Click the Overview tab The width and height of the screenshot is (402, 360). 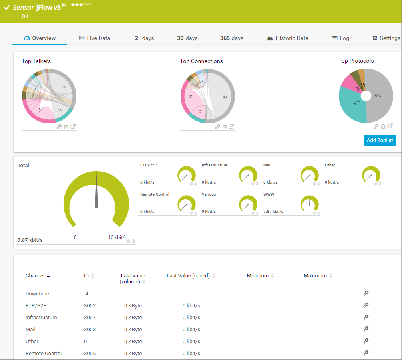pos(40,38)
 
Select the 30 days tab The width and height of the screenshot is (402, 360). pos(187,38)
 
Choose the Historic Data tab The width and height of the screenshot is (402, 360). pos(288,38)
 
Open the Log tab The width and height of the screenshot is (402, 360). pos(340,38)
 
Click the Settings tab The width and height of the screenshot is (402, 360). pos(386,38)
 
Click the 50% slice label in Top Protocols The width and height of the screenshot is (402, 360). pos(377,96)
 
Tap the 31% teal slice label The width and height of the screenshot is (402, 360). pos(356,103)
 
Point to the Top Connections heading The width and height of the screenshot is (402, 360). pos(201,61)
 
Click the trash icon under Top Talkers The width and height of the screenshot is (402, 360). pos(66,127)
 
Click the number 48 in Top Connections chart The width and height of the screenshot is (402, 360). pos(225,97)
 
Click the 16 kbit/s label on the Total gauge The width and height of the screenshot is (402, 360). pos(117,237)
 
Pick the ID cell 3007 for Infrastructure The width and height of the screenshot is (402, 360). pos(90,318)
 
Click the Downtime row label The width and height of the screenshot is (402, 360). pos(37,294)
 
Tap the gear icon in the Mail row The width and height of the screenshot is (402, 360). pos(366,329)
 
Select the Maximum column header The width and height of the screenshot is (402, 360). pos(315,276)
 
